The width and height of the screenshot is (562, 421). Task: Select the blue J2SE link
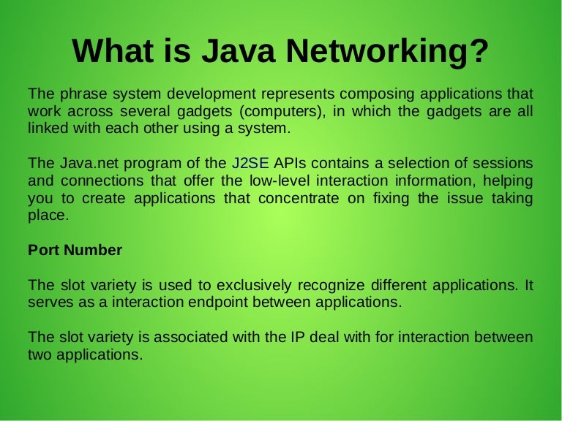click(x=251, y=164)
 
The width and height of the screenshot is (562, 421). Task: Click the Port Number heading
click(x=75, y=250)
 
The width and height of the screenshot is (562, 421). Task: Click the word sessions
click(x=501, y=164)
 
